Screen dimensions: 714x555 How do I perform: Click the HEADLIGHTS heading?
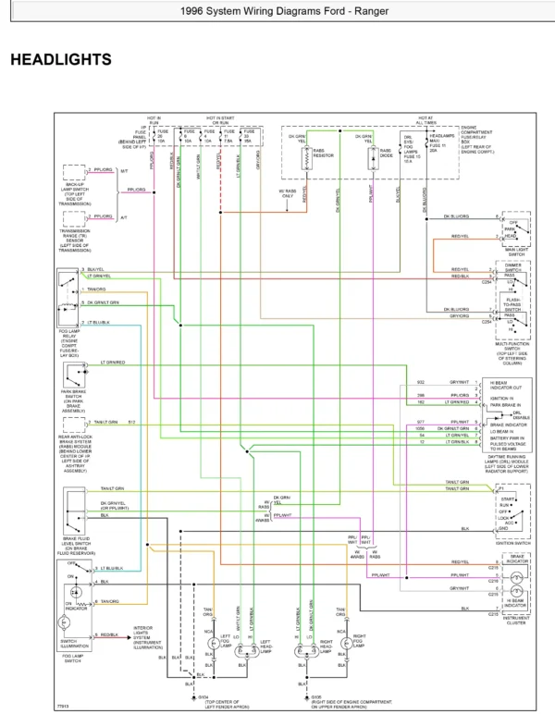[60, 59]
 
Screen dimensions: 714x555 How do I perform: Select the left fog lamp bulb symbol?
[212, 641]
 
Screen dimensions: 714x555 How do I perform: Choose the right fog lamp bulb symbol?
[345, 641]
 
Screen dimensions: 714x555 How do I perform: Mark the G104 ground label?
[203, 697]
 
